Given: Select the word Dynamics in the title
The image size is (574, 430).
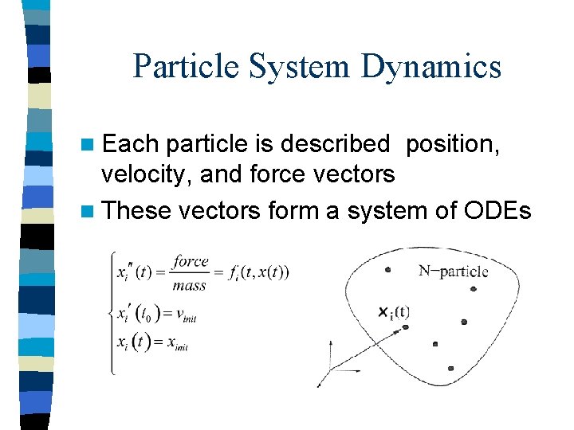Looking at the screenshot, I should pyautogui.click(x=431, y=67).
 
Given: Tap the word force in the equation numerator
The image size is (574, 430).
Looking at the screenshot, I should pyautogui.click(x=191, y=261).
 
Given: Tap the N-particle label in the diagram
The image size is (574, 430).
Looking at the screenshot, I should pyautogui.click(x=453, y=272).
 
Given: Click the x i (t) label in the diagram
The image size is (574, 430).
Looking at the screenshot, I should pyautogui.click(x=394, y=311).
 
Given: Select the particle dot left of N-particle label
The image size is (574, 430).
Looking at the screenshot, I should pyautogui.click(x=387, y=270).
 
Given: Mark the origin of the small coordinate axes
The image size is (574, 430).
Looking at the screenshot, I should pyautogui.click(x=330, y=369).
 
